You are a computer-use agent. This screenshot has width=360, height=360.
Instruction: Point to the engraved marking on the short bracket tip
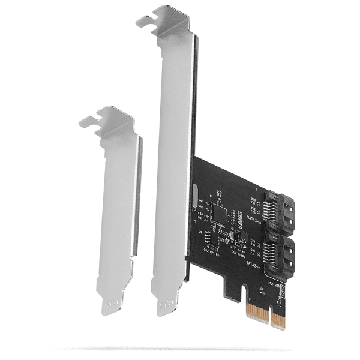click(110, 305)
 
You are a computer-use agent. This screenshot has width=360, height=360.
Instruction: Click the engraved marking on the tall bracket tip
click(167, 307)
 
